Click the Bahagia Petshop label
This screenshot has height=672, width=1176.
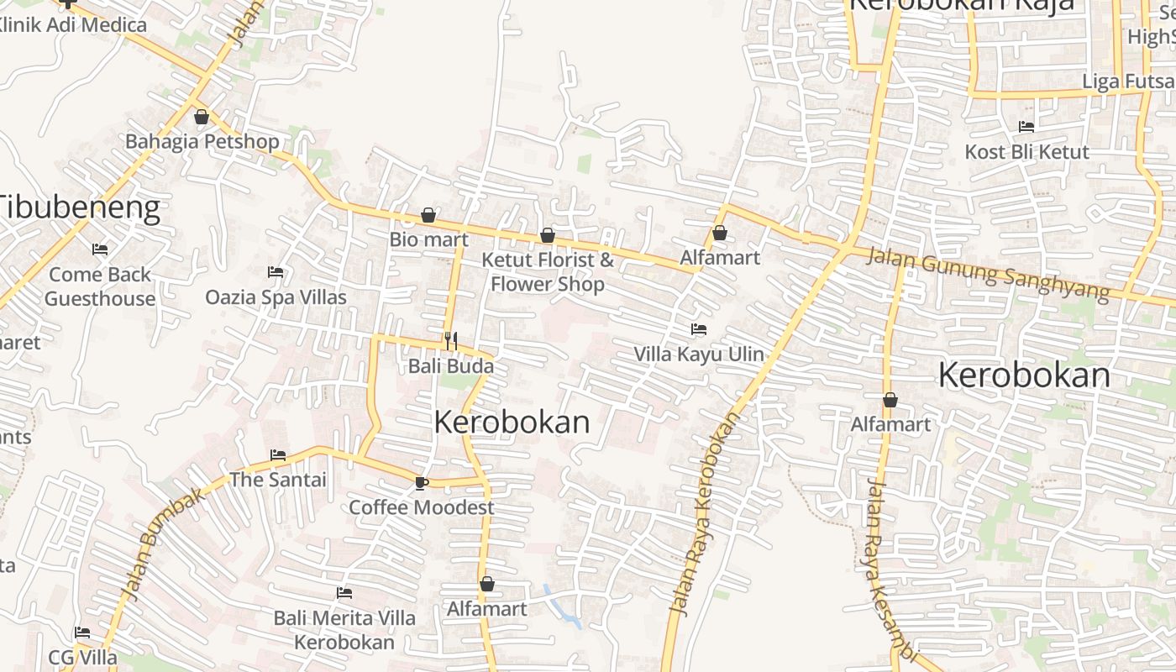(202, 141)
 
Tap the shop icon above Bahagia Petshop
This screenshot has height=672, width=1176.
(201, 117)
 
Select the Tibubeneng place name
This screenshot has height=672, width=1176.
(79, 207)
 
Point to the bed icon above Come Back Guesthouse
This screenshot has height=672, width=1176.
(99, 249)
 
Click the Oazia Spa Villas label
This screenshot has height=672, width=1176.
(276, 297)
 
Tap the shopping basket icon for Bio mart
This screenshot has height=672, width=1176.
(428, 216)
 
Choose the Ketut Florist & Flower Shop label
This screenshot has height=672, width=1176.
(548, 271)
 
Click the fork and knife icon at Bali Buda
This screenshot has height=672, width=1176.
(451, 340)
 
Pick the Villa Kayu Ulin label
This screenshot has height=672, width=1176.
(699, 354)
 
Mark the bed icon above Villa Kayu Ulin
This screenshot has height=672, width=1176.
(699, 328)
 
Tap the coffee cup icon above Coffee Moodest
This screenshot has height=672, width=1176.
(422, 483)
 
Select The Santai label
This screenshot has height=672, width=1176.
(278, 480)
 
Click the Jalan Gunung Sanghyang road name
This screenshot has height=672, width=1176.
(988, 272)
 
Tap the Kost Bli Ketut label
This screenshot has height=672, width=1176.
(1026, 152)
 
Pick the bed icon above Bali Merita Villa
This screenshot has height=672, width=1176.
(344, 593)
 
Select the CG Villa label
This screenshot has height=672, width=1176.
(82, 657)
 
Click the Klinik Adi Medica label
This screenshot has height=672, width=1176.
(74, 24)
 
